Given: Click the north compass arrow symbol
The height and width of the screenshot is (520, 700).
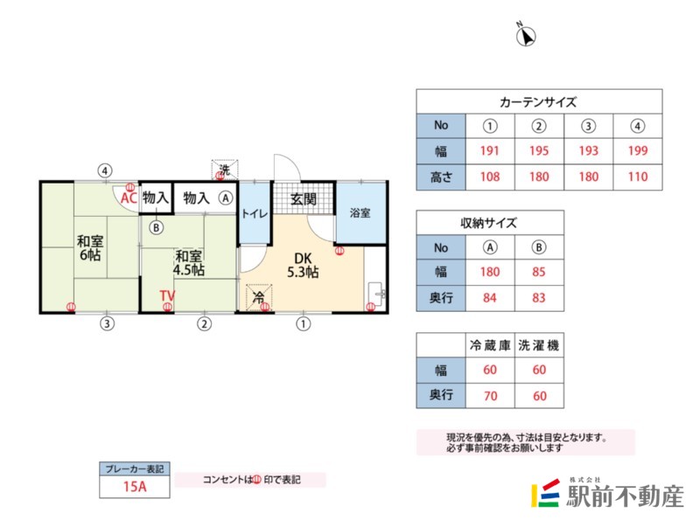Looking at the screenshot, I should pos(527,36).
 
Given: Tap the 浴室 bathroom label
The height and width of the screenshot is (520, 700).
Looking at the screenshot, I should pos(360,213).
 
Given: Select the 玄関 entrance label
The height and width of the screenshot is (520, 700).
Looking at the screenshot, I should pos(304,198).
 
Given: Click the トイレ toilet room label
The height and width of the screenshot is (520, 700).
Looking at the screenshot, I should pos(254,213).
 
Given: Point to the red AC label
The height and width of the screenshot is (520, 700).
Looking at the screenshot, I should pos(128,198).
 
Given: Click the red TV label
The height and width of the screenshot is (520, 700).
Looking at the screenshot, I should pos(167,296).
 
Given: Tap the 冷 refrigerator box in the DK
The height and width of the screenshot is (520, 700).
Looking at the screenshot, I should pos(259,298).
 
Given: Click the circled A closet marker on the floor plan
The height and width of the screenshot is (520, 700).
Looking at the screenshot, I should pos(226,198).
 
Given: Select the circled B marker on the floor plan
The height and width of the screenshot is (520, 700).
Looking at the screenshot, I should pos(156,228).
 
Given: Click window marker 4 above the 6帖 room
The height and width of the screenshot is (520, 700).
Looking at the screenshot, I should pos(106,170).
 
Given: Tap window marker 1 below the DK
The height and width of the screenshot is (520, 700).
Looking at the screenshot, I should pos(304,325).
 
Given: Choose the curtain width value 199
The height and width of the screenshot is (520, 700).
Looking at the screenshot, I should pos(638,150).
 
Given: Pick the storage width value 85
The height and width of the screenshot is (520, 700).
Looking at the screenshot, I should pos(539,273).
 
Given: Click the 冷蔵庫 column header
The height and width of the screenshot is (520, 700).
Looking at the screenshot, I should pos(490,345).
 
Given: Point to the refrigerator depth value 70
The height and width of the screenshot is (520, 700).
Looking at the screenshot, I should pos(490,395).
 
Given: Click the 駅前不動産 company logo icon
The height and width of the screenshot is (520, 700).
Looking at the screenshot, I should pos(546,496).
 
